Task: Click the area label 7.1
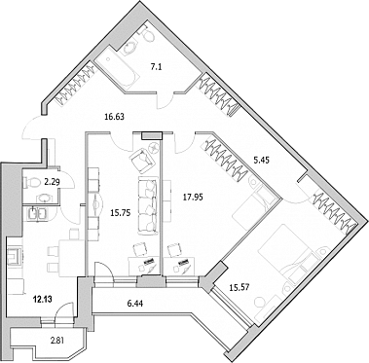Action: tap(155, 67)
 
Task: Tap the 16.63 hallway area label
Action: tap(114, 116)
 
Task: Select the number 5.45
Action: tap(262, 160)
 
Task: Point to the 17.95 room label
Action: tap(193, 197)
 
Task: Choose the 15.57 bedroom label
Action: tap(240, 287)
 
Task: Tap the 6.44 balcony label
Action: tap(135, 304)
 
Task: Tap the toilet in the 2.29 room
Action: tap(31, 182)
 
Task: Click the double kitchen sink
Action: tap(39, 214)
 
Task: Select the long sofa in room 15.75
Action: tap(148, 205)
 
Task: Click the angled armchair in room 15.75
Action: tap(141, 159)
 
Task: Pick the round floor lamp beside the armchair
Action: tap(153, 148)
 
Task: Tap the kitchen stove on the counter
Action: tap(14, 257)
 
